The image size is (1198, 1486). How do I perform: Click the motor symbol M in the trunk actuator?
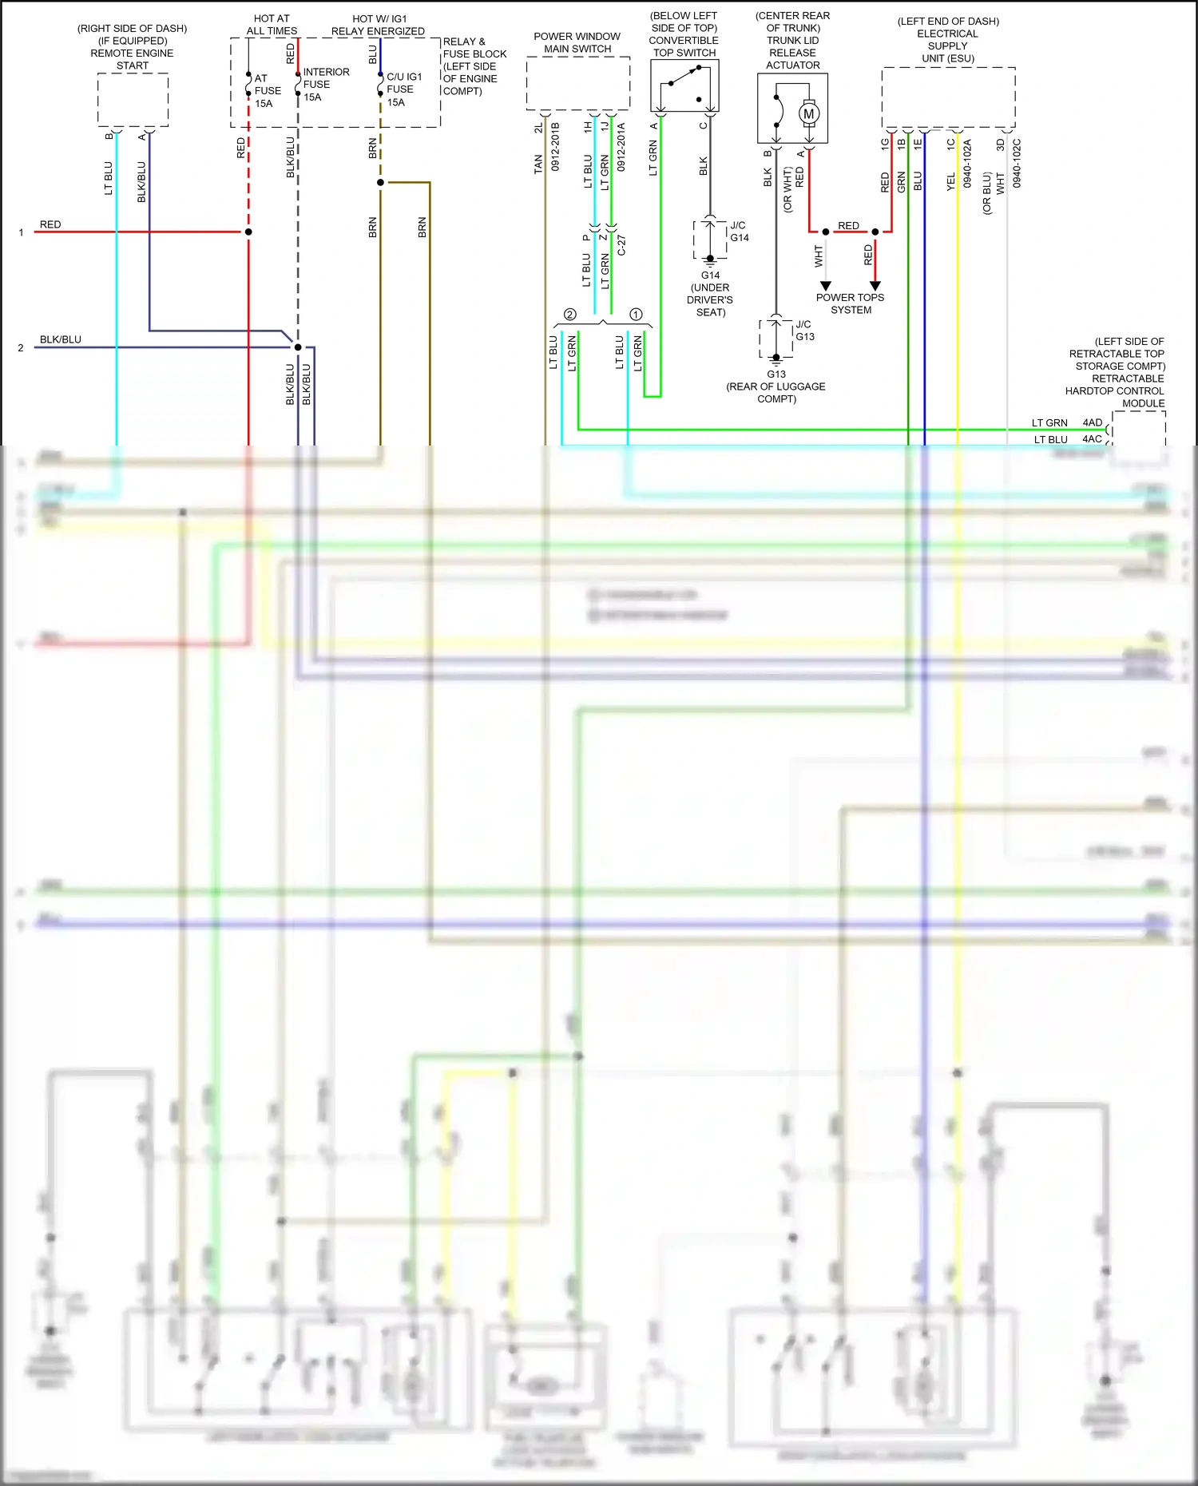(809, 113)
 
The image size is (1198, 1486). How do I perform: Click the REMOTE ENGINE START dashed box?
(133, 100)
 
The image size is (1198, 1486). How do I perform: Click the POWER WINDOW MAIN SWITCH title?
(577, 42)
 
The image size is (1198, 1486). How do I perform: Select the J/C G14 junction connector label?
(739, 232)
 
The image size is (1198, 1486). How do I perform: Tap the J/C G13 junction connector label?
(804, 331)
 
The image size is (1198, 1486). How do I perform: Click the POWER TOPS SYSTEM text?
(850, 303)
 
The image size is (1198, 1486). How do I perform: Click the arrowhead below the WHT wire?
(826, 286)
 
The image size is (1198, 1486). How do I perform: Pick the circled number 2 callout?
(569, 315)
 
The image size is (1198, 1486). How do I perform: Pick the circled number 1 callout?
(636, 315)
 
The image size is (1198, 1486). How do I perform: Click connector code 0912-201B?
(555, 147)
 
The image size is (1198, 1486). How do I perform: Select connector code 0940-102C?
(1017, 164)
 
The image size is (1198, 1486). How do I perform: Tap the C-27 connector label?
(621, 245)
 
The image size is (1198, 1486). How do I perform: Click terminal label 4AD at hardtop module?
(1092, 422)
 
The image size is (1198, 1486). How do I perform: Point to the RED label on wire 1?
(50, 224)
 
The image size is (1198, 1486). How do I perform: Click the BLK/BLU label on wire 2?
(61, 339)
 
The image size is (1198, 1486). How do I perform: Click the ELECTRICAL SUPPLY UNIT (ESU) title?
(948, 46)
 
